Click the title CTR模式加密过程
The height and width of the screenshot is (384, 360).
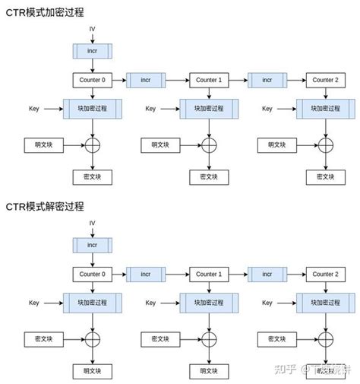pos(45,13)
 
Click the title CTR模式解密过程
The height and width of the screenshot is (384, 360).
pos(45,206)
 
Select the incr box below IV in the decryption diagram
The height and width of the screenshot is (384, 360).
pos(92,246)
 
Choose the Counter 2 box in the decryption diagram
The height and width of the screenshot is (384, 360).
pos(325,274)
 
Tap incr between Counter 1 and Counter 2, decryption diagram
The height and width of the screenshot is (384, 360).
pos(267,274)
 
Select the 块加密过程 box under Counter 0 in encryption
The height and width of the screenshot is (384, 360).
pos(92,109)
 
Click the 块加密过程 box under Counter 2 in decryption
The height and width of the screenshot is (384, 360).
pos(325,303)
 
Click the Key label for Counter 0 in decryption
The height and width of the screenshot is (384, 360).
pos(33,303)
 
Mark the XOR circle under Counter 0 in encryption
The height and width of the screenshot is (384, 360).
pos(92,144)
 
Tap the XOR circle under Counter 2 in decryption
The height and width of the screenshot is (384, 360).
pos(325,338)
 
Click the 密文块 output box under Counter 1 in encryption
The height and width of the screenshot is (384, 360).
pos(208,176)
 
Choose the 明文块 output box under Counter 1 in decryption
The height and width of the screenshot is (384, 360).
pos(208,370)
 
